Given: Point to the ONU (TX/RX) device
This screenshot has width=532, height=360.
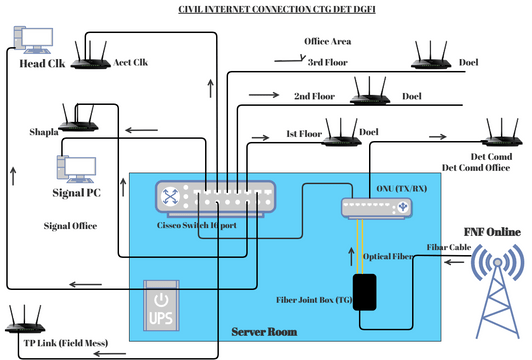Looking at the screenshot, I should pos(376,207).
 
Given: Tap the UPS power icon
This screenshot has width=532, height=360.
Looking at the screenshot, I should pos(163,306).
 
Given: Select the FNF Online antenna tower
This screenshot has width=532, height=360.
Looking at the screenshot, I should pos(497,285).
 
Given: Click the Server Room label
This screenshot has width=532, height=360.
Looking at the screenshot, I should pos(265,331).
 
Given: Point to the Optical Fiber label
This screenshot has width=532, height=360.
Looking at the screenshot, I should pos(388,256).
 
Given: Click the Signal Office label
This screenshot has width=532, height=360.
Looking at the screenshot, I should pos(69,226).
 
